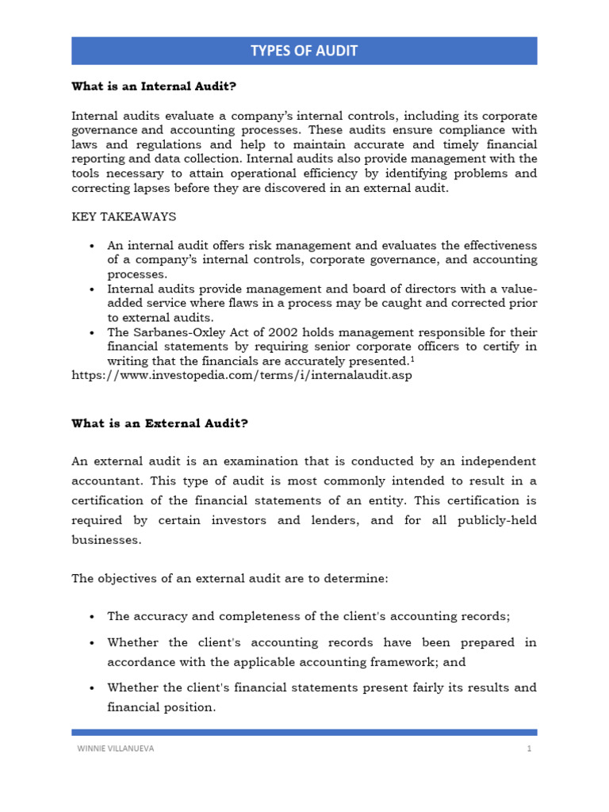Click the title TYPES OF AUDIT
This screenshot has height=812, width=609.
304,52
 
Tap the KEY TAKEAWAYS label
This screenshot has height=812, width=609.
124,216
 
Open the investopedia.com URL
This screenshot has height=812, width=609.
242,375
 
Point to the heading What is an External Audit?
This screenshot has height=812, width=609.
159,423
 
